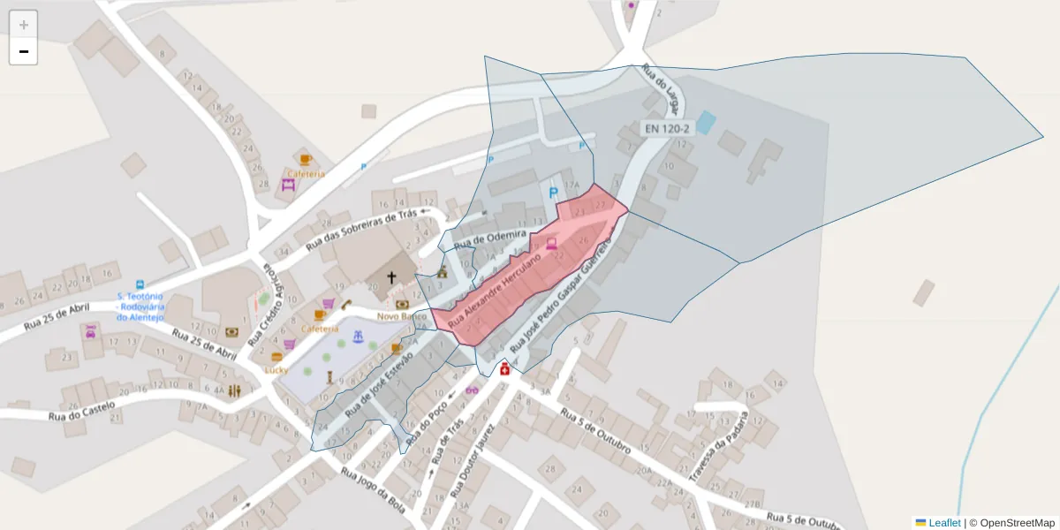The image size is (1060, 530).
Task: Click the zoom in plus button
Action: (24, 25)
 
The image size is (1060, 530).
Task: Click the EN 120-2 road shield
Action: (666, 128)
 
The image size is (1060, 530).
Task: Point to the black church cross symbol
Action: (392, 277)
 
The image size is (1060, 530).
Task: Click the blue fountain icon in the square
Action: (358, 337)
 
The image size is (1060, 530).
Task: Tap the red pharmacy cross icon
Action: (505, 368)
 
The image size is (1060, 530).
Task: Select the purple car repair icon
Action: (90, 332)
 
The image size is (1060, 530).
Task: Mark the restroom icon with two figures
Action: (234, 390)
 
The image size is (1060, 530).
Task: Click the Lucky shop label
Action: (276, 370)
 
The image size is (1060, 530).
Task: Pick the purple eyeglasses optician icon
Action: (472, 390)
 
